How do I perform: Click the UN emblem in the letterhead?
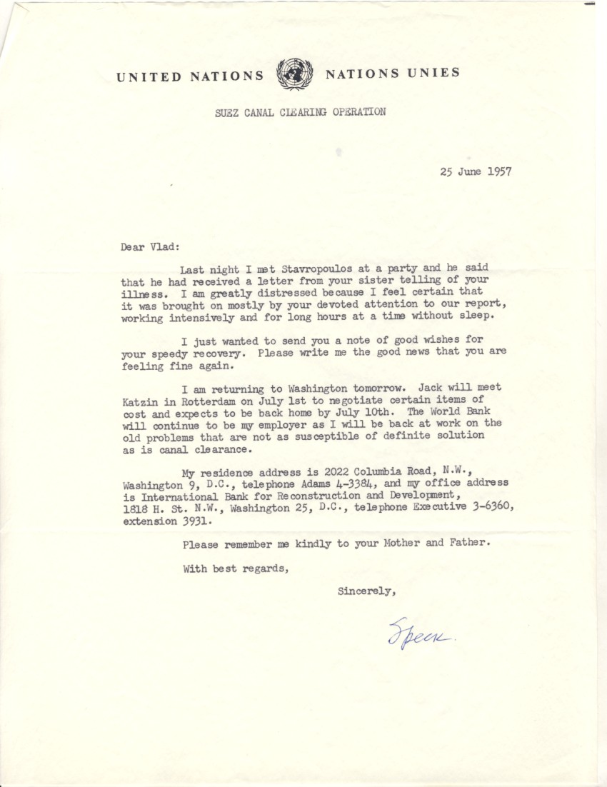(x=294, y=74)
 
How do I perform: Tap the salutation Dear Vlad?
(x=151, y=248)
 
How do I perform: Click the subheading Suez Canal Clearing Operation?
(x=301, y=112)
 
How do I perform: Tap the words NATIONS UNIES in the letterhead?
(x=392, y=73)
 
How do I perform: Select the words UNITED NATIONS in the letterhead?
(x=190, y=76)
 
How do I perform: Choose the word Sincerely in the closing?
(x=366, y=591)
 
